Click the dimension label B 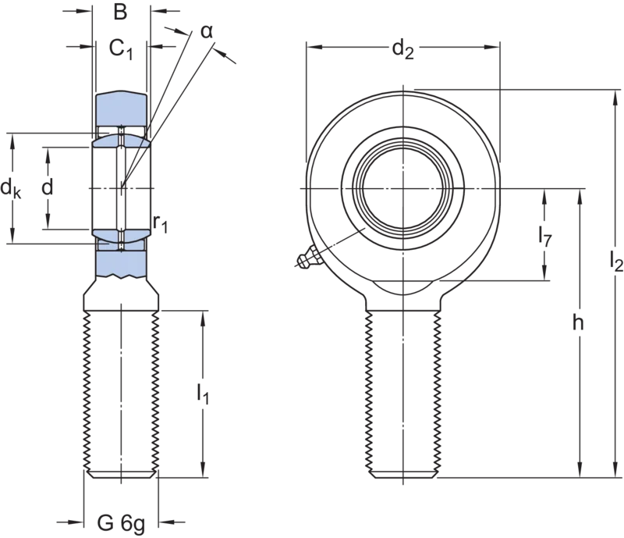coord(120,12)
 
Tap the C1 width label coord(121,49)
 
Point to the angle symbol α coord(207,31)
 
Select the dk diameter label coord(11,187)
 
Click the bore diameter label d coord(48,187)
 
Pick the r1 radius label coord(161,223)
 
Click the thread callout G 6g coord(121,523)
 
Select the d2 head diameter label coord(402,49)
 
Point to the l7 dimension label coord(545,237)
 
